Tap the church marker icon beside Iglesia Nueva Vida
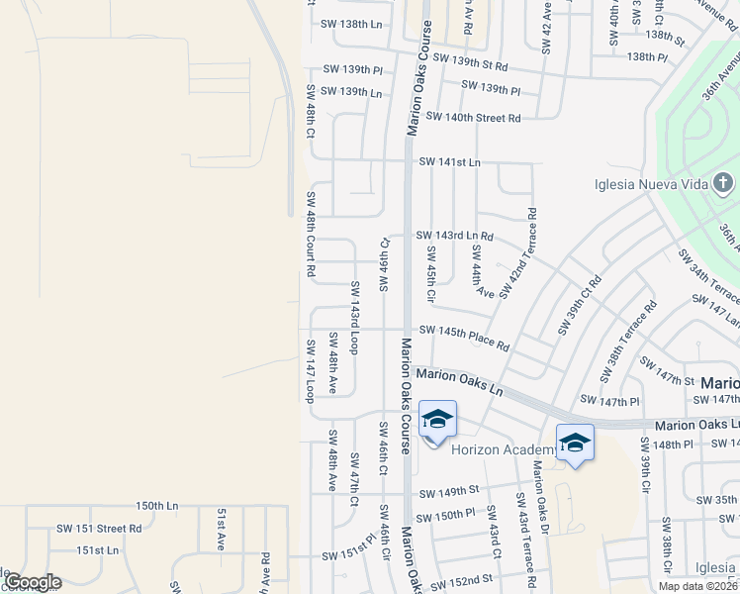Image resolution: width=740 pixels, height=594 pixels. click(724, 183)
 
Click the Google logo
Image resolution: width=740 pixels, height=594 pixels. click(33, 582)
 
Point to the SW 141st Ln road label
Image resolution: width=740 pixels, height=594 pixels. click(449, 162)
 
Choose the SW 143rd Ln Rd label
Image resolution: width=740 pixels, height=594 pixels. click(456, 236)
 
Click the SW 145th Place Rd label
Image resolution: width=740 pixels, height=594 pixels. click(464, 338)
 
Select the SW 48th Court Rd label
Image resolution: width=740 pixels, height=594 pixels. click(311, 233)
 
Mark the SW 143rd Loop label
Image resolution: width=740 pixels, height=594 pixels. click(353, 317)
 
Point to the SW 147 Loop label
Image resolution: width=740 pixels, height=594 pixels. click(310, 370)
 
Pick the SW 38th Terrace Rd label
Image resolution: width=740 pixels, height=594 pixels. click(628, 343)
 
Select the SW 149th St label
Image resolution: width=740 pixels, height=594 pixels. click(448, 491)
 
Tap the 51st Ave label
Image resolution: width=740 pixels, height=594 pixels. click(222, 531)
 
